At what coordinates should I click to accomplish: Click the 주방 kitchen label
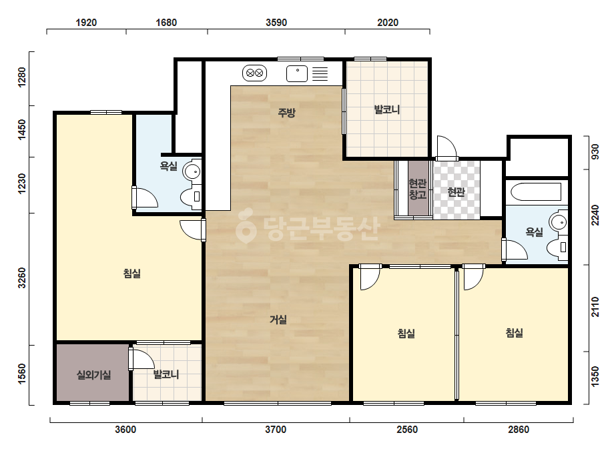(286, 113)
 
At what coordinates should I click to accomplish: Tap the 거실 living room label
(278, 320)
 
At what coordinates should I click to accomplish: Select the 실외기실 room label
(93, 375)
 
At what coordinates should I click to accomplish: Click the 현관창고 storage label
(418, 189)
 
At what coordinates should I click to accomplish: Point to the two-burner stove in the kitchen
(254, 73)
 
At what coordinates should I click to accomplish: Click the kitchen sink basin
(297, 73)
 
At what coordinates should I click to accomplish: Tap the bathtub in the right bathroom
(536, 192)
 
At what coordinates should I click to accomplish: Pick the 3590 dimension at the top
(276, 23)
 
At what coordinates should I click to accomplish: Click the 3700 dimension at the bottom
(276, 430)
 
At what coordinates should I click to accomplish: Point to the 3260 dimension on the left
(22, 278)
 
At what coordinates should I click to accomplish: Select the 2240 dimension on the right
(595, 215)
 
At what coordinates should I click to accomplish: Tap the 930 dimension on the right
(595, 151)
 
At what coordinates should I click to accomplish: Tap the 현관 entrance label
(456, 192)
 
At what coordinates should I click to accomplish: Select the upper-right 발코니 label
(387, 109)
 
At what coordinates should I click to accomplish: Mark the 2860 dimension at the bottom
(519, 430)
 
